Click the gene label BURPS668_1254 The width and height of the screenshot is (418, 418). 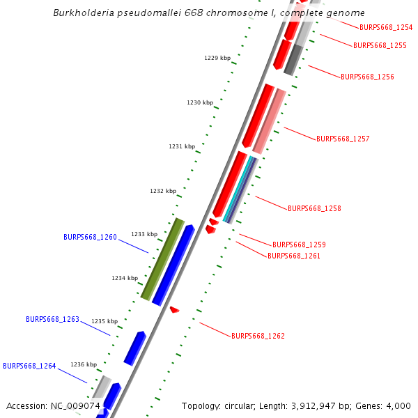(385, 28)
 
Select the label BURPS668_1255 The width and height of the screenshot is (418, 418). (380, 45)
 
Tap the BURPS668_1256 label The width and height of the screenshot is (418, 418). (367, 77)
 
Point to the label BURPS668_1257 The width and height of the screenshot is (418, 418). (343, 139)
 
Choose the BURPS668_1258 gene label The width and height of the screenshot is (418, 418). (314, 208)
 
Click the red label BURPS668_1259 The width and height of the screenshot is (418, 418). (299, 245)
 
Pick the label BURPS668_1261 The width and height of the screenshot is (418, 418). (294, 256)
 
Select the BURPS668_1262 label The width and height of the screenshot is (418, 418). (258, 336)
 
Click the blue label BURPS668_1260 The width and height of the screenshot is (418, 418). (90, 237)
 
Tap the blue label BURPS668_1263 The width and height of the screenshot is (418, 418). (52, 319)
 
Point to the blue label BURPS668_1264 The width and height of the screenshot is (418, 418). (29, 366)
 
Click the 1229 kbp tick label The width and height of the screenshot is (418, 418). (217, 59)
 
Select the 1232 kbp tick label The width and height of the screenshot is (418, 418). (163, 191)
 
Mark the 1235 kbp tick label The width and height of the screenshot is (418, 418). (104, 321)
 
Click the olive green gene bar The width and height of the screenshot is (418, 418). (162, 259)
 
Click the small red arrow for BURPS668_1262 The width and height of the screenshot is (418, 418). (174, 309)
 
